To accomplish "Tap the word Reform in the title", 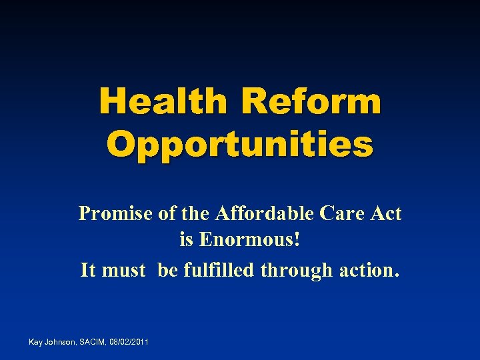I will [x=312, y=102].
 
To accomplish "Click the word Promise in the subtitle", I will [x=115, y=213].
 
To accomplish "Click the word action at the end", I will [x=367, y=270].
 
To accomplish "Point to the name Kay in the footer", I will [x=36, y=342].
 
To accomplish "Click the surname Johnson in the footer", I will [x=61, y=342].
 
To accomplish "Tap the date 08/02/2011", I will [x=131, y=342].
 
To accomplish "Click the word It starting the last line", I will [x=87, y=270].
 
